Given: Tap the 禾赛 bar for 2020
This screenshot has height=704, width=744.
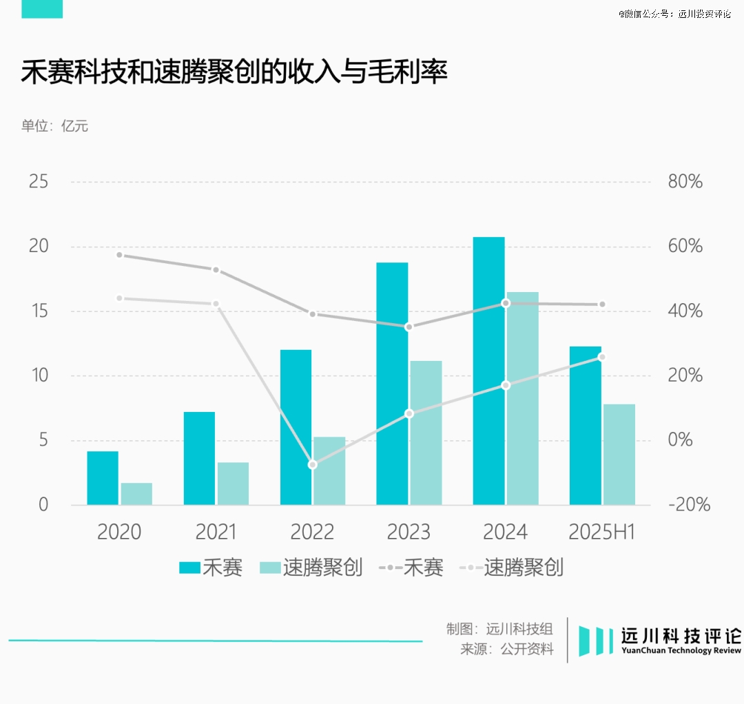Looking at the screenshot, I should pos(103,478).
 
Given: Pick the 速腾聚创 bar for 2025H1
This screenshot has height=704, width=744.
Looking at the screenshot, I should pos(619,455).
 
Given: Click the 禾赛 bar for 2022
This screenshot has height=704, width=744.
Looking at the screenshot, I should pos(296,427).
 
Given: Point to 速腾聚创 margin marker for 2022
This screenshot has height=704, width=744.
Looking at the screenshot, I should pos(312,465).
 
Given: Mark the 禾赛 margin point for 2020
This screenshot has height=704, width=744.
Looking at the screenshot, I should pos(119,255).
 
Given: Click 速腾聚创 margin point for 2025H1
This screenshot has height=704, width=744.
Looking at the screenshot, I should pos(601,357).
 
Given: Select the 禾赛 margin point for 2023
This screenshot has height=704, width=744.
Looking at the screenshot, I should pos(409,327).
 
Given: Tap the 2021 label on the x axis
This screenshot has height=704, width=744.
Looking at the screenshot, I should pos(216,532).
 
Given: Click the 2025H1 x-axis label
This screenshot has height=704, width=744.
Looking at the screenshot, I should pos(601,532).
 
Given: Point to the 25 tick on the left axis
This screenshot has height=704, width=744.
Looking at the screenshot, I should pos(39,183).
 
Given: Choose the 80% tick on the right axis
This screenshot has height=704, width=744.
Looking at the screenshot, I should pos(685,183).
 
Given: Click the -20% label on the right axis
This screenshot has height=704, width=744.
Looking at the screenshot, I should pos(688,505).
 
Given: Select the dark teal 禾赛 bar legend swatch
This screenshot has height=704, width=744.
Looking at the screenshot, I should pos(189,568).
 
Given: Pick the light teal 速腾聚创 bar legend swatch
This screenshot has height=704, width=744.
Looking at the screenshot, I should pos(270,568).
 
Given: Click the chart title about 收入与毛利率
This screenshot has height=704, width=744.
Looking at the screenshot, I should pos(234,73).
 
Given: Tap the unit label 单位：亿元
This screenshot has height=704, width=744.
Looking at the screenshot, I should pos(54,126).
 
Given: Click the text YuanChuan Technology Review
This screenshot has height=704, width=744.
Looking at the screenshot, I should pos(681,651).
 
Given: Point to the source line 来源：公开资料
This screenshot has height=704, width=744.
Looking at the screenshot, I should pos(507,650).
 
